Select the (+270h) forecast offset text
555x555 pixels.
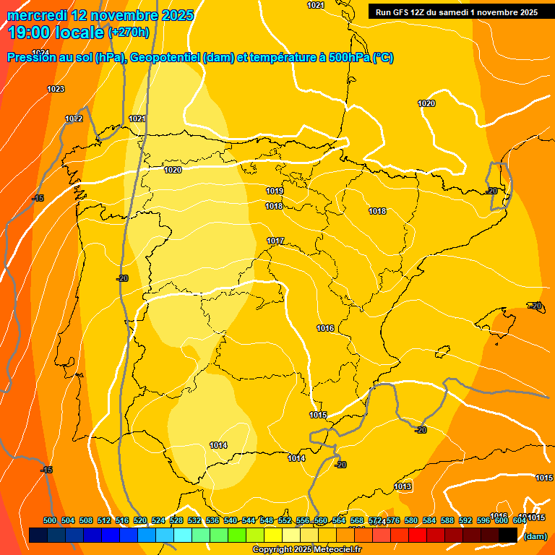coord(129,32)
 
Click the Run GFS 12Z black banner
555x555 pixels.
coord(457,12)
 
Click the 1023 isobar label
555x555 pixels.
coord(56,89)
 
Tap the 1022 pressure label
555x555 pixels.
coord(74,119)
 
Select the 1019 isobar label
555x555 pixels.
coord(274,191)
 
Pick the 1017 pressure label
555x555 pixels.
coord(275,241)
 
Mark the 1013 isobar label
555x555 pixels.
coord(403,486)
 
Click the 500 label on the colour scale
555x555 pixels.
coord(50,520)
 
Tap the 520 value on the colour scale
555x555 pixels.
coord(140,520)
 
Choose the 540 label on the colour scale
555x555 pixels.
coord(231,520)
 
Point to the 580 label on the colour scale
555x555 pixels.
coord(411,520)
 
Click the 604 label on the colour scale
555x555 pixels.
coord(520,520)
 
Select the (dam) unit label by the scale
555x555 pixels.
coord(535,536)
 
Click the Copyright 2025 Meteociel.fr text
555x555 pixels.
coord(307,549)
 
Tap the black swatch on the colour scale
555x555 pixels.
coord(508,535)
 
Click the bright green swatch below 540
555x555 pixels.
coord(237,535)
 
